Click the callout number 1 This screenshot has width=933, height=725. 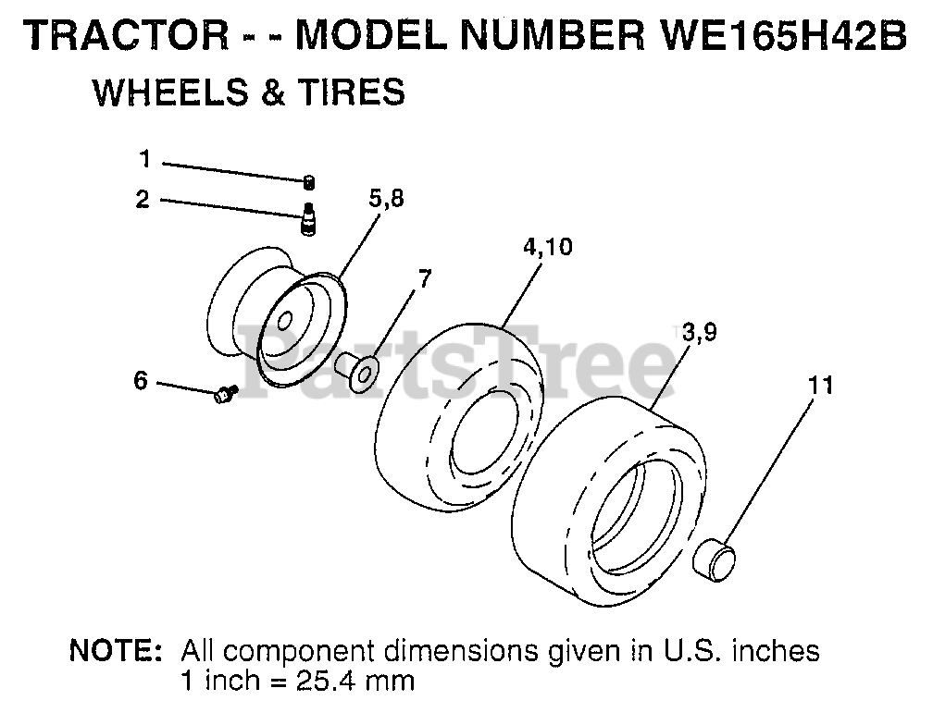tap(144, 159)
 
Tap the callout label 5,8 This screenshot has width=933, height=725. tap(385, 199)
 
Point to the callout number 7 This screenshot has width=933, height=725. tap(424, 278)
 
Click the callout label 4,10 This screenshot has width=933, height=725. tap(548, 247)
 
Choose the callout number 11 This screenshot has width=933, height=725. tap(820, 386)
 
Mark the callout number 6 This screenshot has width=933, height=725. tap(141, 379)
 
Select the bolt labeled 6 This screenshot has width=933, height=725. tap(225, 395)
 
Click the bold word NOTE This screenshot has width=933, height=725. tap(117, 651)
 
